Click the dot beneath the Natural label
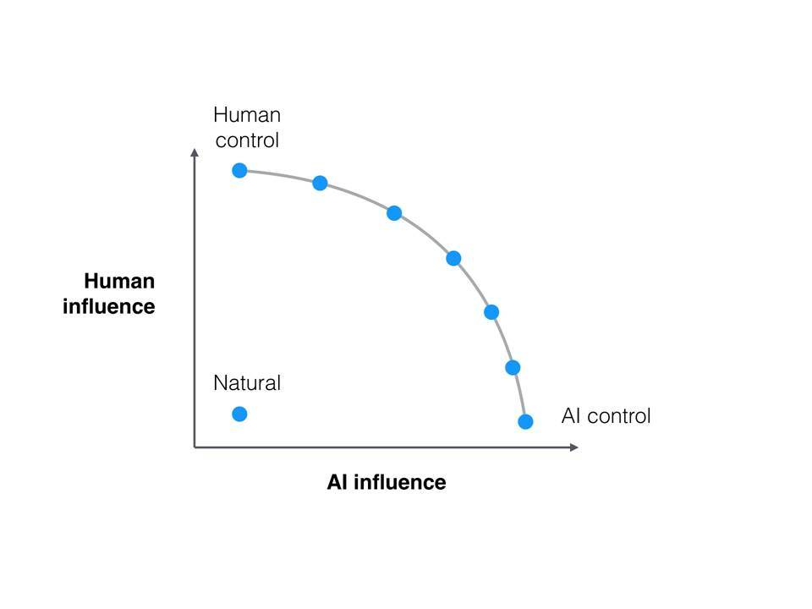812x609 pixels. pyautogui.click(x=239, y=414)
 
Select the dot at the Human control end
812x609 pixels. pyautogui.click(x=239, y=170)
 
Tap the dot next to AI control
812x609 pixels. pyautogui.click(x=525, y=421)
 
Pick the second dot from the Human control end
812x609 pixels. pyautogui.click(x=320, y=183)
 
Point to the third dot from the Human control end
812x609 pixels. pyautogui.click(x=394, y=213)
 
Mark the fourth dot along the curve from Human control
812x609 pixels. pyautogui.click(x=453, y=258)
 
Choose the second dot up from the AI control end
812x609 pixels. pyautogui.click(x=513, y=368)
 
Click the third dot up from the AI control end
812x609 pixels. pyautogui.click(x=491, y=312)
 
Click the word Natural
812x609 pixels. pyautogui.click(x=247, y=383)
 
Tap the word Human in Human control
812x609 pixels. pyautogui.click(x=247, y=115)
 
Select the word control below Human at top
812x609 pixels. pyautogui.click(x=247, y=140)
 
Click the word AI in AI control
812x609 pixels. pyautogui.click(x=571, y=416)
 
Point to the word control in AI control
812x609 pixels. pyautogui.click(x=619, y=416)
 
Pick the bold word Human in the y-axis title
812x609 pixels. pyautogui.click(x=119, y=281)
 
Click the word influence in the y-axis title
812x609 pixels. pyautogui.click(x=109, y=306)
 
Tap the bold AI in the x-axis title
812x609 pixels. pyautogui.click(x=337, y=482)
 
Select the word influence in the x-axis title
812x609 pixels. pyautogui.click(x=400, y=482)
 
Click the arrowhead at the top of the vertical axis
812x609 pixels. pyautogui.click(x=195, y=152)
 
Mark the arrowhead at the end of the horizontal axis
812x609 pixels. pyautogui.click(x=573, y=447)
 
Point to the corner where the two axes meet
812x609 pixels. pyautogui.click(x=195, y=447)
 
